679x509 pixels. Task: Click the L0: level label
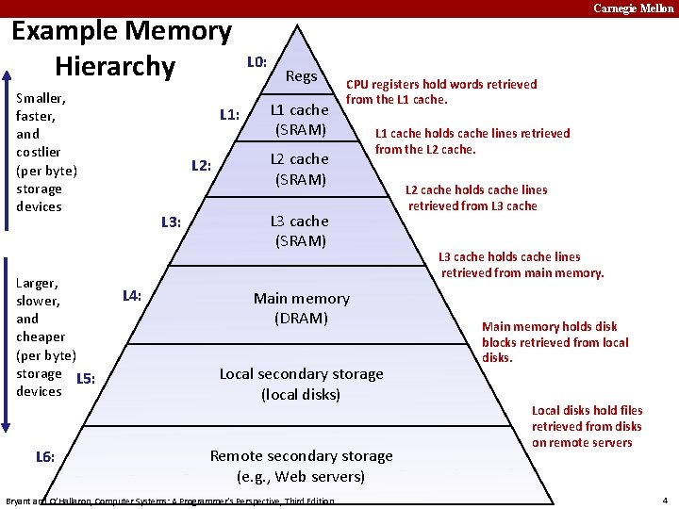(x=257, y=63)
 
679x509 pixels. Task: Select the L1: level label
(x=229, y=116)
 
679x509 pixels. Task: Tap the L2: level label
(x=201, y=167)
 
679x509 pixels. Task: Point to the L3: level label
(x=171, y=222)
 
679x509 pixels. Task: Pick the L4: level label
(x=132, y=296)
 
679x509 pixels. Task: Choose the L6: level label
(x=44, y=457)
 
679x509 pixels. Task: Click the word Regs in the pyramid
(x=301, y=75)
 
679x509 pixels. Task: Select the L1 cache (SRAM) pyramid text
(x=300, y=120)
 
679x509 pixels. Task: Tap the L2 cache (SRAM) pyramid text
(x=300, y=169)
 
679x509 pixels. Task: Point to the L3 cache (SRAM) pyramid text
(x=300, y=231)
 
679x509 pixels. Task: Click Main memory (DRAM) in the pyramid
(x=301, y=308)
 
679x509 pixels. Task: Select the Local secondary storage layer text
(x=301, y=384)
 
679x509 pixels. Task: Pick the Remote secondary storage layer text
(x=301, y=466)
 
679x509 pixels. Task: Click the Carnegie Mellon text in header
(x=633, y=8)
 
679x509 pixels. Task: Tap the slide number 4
(x=665, y=500)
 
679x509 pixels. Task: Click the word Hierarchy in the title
(x=115, y=67)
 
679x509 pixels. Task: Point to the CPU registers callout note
(x=440, y=91)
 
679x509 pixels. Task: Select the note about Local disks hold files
(x=587, y=426)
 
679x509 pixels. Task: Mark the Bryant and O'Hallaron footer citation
(x=170, y=501)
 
